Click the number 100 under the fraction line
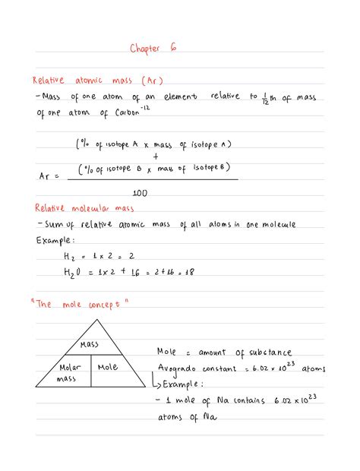coord(140,193)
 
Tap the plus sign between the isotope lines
coord(155,156)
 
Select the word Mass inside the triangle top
coord(90,344)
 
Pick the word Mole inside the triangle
coord(109,368)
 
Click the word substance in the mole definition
coord(265,352)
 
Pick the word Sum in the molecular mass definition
coord(50,225)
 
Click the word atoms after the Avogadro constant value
coord(313,368)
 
